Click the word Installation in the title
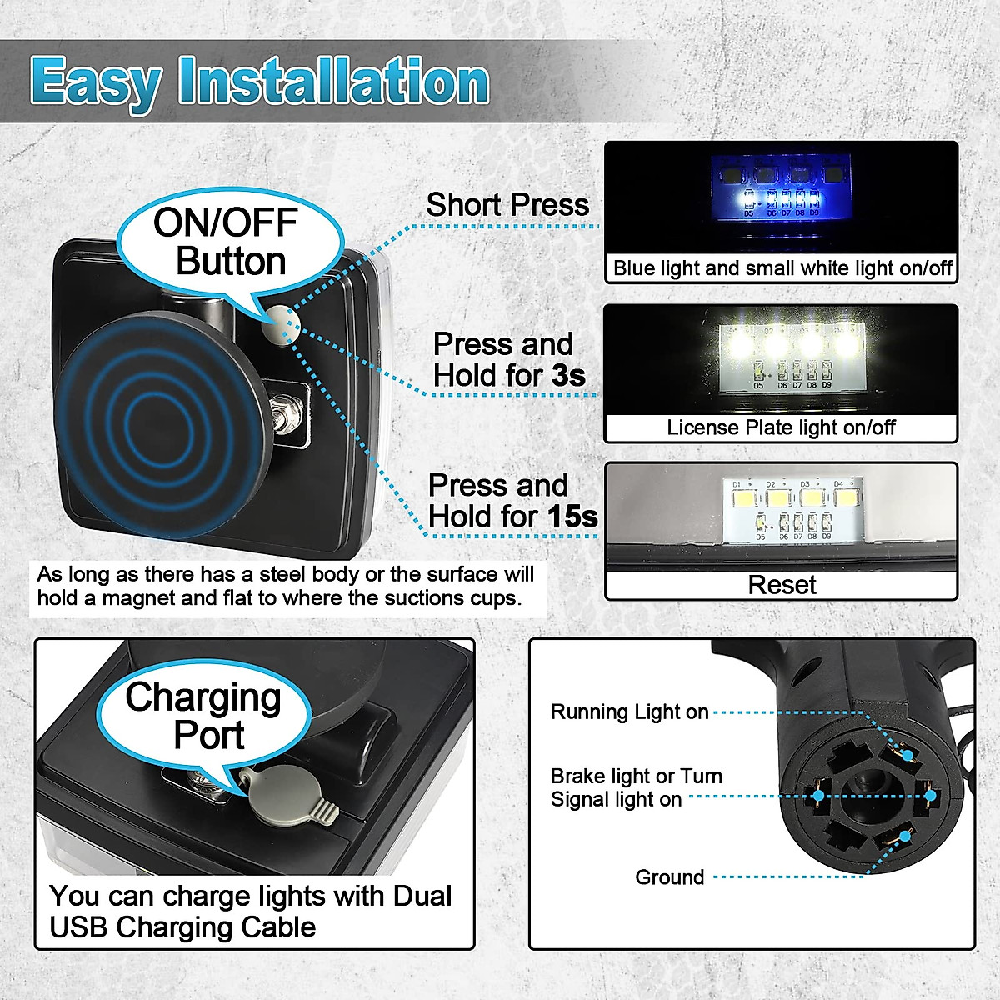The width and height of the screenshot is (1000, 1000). [333, 81]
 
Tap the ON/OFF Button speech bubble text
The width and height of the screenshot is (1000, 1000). [227, 242]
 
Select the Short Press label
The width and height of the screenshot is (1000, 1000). [507, 205]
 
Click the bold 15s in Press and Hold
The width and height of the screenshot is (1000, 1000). [572, 517]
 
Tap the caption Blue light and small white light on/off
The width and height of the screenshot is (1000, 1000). [781, 268]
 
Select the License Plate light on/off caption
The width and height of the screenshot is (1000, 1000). [781, 427]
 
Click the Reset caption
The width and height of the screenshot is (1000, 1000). [781, 585]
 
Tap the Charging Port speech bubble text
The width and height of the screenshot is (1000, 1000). [205, 716]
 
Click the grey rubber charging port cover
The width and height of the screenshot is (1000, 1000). [287, 795]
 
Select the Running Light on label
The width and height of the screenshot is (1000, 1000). [629, 712]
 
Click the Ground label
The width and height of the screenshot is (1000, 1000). [669, 877]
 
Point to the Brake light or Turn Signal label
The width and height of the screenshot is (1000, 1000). [635, 787]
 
